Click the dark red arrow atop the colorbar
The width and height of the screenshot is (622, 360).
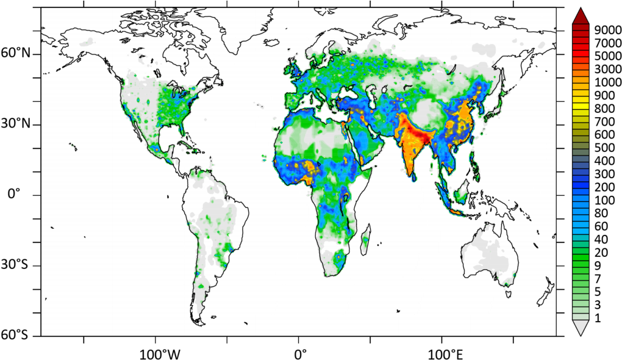[x=581, y=16]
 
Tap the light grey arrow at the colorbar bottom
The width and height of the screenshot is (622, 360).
[x=581, y=328]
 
